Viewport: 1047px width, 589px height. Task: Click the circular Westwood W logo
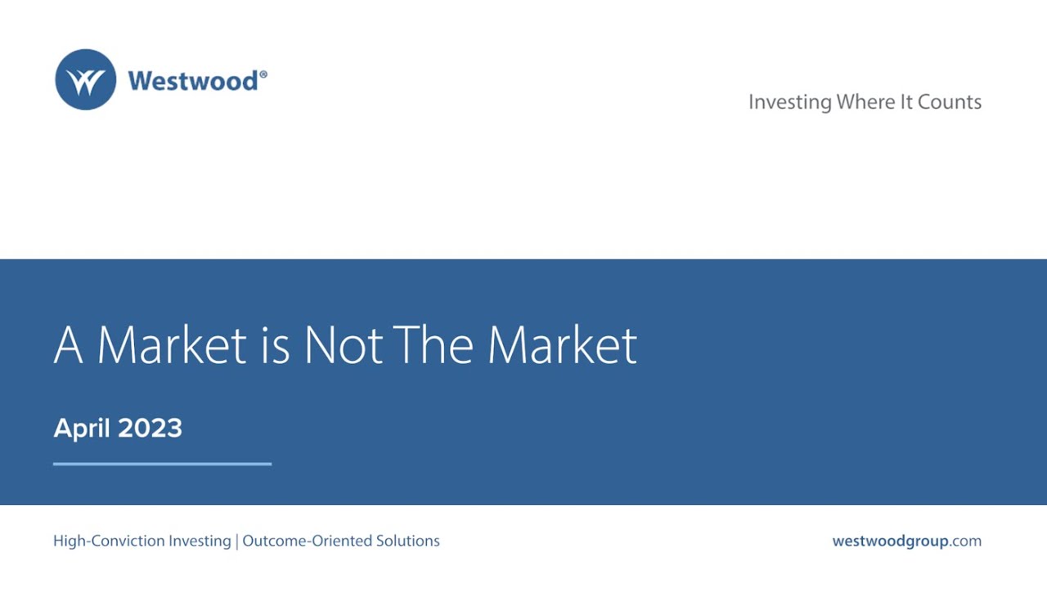click(x=85, y=79)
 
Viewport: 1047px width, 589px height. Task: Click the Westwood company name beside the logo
click(x=193, y=80)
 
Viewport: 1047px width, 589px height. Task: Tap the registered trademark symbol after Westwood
click(x=263, y=74)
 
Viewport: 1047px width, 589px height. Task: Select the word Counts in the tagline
click(x=950, y=101)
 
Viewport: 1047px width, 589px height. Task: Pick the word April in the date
click(x=83, y=428)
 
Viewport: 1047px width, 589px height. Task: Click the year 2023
click(x=150, y=428)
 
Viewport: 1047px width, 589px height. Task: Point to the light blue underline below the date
click(x=162, y=464)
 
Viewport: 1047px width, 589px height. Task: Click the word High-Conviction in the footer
click(x=142, y=541)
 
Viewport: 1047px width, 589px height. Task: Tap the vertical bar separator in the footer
click(x=237, y=541)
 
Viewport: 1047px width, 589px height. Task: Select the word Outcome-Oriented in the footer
click(x=308, y=541)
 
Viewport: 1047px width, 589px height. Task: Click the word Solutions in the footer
click(x=408, y=541)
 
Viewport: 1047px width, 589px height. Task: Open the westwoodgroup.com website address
click(x=906, y=541)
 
